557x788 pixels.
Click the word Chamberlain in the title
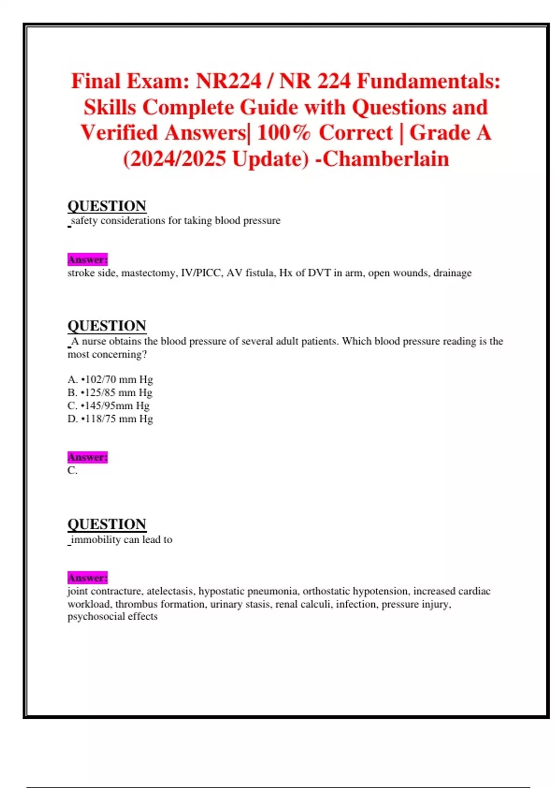click(x=386, y=159)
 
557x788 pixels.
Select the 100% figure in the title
click(x=284, y=133)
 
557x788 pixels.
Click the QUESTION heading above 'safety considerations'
click(x=107, y=206)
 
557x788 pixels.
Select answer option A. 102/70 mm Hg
click(x=110, y=380)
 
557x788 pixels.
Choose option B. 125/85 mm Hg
click(x=110, y=393)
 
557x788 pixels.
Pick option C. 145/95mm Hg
click(x=109, y=406)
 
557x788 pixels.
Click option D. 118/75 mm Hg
click(x=110, y=419)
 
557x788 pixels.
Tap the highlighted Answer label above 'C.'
click(x=87, y=458)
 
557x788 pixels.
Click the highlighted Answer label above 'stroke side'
click(x=87, y=260)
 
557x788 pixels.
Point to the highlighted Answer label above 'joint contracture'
click(x=87, y=578)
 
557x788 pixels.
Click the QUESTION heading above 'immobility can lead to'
click(x=107, y=524)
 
